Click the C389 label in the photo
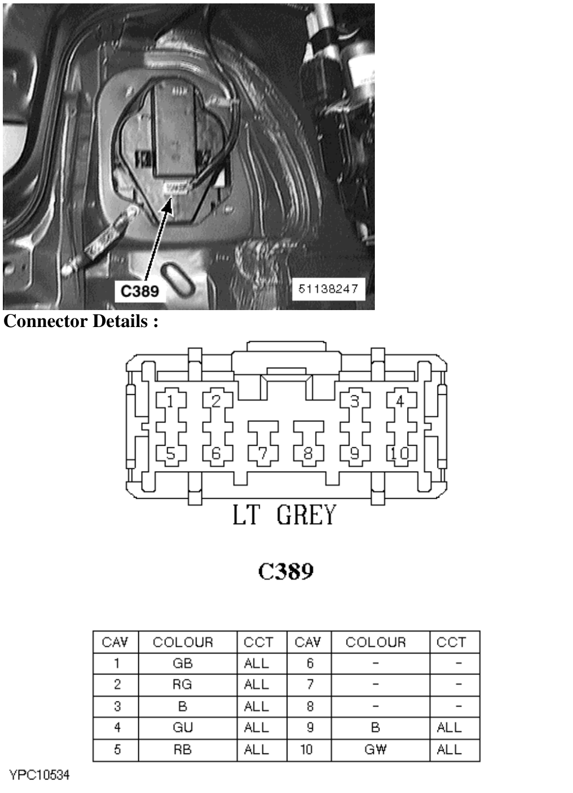[140, 291]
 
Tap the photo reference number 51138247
[328, 289]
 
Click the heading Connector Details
[81, 321]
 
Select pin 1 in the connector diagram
[170, 402]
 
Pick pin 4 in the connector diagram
[400, 402]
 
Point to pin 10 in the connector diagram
[400, 454]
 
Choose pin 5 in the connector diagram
[170, 454]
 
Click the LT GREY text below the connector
[284, 516]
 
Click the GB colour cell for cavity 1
[182, 664]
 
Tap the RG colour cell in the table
[182, 685]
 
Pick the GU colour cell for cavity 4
[182, 727]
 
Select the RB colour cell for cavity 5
[182, 750]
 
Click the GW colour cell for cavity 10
[375, 750]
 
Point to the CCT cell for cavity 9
[449, 727]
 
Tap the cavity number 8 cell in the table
[310, 707]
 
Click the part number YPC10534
[40, 775]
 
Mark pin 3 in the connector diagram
[355, 402]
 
